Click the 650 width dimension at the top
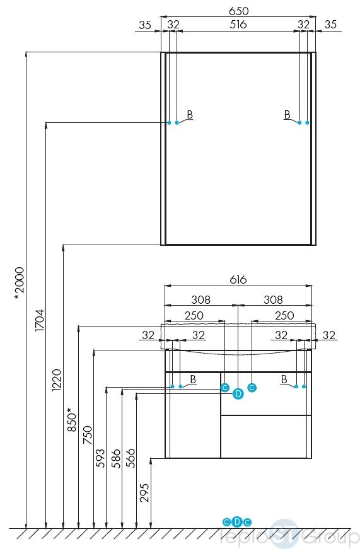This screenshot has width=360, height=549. [x=238, y=11]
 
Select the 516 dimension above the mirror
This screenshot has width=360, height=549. [x=238, y=25]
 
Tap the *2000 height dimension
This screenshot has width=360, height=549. [x=19, y=283]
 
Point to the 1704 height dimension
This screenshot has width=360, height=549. [x=39, y=320]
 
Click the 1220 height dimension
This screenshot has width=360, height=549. [x=56, y=380]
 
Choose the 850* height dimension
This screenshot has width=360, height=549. [x=71, y=419]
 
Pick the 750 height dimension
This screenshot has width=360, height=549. [x=88, y=435]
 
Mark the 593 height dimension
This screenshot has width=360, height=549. [x=100, y=458]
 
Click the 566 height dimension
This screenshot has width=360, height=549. [x=131, y=458]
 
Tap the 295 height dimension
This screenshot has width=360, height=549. [x=144, y=493]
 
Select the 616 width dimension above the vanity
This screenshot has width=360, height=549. [x=238, y=280]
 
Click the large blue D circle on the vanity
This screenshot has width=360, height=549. [x=238, y=394]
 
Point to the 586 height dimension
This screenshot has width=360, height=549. [x=115, y=458]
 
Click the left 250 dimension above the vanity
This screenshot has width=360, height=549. [x=194, y=316]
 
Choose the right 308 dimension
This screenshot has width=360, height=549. [x=273, y=299]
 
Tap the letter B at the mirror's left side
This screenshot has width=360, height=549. [x=190, y=115]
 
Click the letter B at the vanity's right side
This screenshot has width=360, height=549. [x=284, y=379]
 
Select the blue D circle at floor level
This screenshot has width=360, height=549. [x=237, y=522]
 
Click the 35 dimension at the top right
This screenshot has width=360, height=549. [x=330, y=25]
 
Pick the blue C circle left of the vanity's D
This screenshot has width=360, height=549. [x=225, y=388]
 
